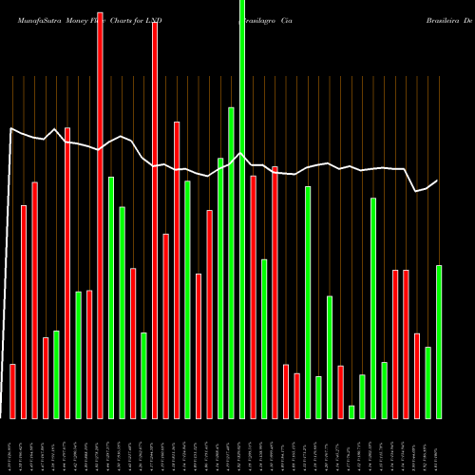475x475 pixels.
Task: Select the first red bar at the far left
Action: click(13, 390)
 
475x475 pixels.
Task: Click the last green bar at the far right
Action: click(439, 341)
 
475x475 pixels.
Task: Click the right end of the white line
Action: click(437, 180)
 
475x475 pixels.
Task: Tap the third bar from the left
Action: click(35, 299)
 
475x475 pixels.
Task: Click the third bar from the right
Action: click(417, 375)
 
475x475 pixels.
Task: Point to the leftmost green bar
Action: click(57, 374)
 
